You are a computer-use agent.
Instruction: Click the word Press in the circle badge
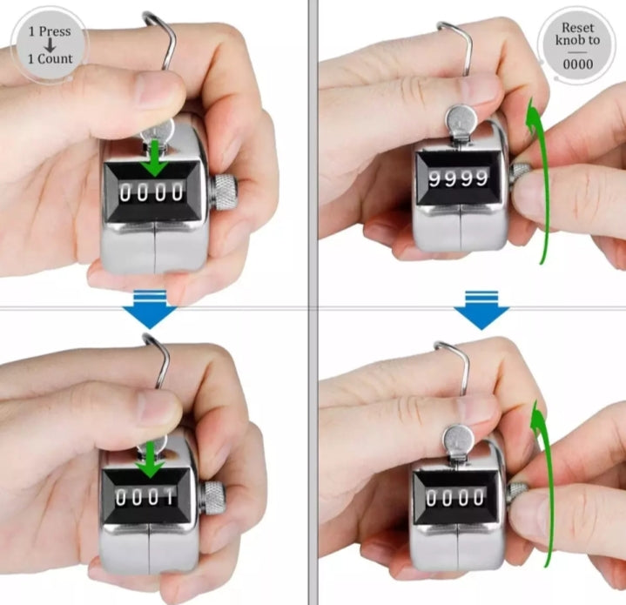click(55, 31)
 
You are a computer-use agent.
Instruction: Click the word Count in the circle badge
click(55, 58)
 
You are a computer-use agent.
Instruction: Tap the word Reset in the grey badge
click(578, 28)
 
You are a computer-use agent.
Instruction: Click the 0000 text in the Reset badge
click(578, 64)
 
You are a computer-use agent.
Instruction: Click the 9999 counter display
click(458, 178)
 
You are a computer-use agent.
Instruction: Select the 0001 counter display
click(145, 497)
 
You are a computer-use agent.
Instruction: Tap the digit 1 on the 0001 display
click(169, 497)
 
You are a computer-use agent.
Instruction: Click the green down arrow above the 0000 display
click(155, 158)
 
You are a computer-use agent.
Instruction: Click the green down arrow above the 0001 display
click(149, 459)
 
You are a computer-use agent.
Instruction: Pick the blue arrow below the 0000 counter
click(150, 309)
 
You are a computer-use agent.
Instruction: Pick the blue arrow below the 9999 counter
click(481, 310)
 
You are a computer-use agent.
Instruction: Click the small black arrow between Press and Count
click(50, 45)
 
